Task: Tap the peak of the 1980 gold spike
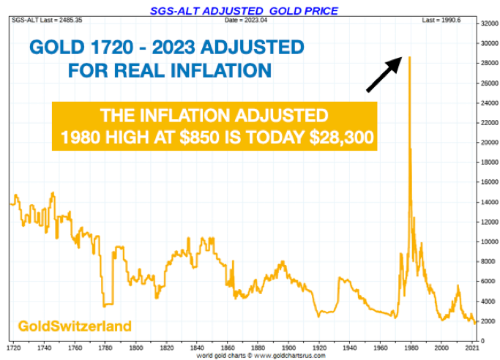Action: [x=409, y=57]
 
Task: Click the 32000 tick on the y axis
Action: [x=488, y=23]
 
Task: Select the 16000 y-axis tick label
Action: [x=488, y=182]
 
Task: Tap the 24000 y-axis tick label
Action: [x=488, y=103]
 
